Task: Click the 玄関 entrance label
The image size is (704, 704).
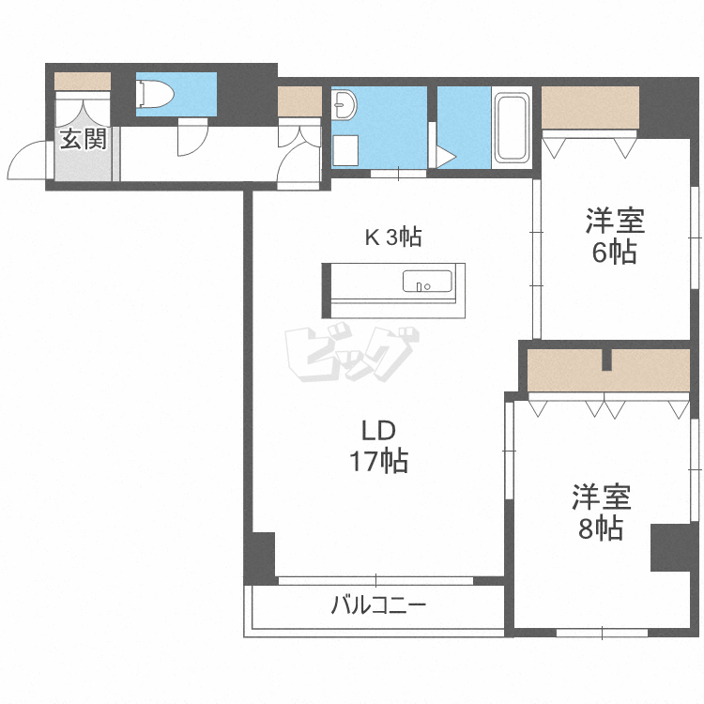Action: point(84,139)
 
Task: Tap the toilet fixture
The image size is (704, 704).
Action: point(155,94)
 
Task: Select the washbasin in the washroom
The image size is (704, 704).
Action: point(344,104)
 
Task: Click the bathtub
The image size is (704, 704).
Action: point(512,127)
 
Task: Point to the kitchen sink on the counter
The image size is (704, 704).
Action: point(427,281)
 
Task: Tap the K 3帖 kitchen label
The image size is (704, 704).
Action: point(393,237)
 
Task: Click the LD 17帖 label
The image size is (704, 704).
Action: point(378,446)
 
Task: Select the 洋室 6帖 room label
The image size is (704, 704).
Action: point(615,236)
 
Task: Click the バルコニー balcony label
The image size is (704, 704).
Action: point(378,605)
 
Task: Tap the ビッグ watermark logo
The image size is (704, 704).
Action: point(352,354)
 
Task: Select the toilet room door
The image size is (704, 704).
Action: point(193,137)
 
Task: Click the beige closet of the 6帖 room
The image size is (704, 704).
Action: point(590,107)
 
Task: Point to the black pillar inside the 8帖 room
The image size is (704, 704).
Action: point(670,547)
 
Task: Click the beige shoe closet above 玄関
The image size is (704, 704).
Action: point(83,81)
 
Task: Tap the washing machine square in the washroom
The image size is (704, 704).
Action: point(345,150)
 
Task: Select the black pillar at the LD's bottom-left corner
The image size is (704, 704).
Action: point(259,559)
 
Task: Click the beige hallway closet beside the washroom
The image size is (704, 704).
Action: point(299,101)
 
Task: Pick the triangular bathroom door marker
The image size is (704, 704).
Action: point(446,157)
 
